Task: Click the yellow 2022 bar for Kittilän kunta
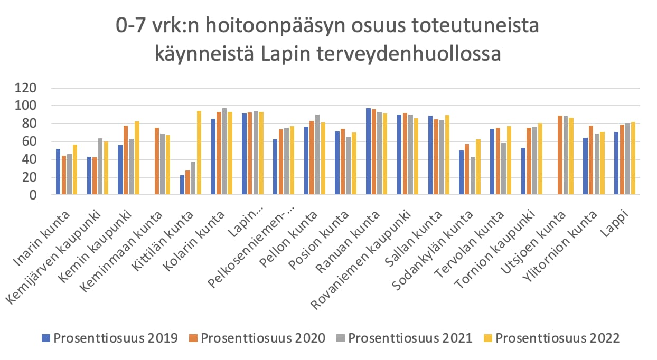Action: (199, 153)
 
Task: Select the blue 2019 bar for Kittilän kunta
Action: (182, 185)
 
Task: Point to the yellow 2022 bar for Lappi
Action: (633, 159)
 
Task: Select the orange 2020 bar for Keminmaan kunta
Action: (157, 162)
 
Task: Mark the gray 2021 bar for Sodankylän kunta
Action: (473, 176)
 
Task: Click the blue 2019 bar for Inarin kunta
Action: (58, 172)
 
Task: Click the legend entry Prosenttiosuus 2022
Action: (558, 338)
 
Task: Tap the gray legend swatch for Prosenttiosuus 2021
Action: (342, 338)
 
